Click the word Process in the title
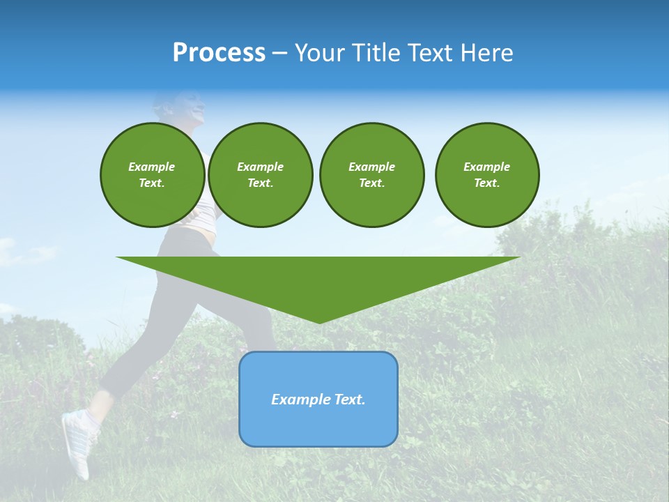pyautogui.click(x=219, y=53)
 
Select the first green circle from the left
pyautogui.click(x=152, y=175)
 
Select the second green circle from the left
pyautogui.click(x=260, y=175)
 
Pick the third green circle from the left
pyautogui.click(x=371, y=175)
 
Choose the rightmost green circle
pyautogui.click(x=486, y=175)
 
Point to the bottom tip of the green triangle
pyautogui.click(x=319, y=322)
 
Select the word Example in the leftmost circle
pyautogui.click(x=152, y=167)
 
